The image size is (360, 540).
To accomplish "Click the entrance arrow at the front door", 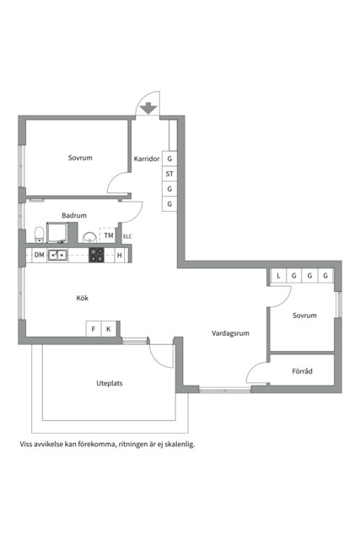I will pos(148,108).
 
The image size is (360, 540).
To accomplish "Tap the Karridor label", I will pos(146,159).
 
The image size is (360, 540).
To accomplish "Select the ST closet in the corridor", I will pos(169,174).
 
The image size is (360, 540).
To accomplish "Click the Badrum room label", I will pos(74,216).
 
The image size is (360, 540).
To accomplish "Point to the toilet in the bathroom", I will pos(40,233).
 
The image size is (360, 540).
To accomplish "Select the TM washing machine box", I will pos(109,235).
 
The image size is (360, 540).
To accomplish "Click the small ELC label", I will pos(127,236).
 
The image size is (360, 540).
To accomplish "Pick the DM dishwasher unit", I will pos(39,255).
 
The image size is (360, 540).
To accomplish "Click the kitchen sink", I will pos(58,255).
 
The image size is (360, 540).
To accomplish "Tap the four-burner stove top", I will pos(97,255).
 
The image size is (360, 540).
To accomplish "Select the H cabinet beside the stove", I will pos(119,255).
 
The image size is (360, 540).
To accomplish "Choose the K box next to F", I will pos(108,329).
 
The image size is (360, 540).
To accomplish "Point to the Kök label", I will pos(83,298).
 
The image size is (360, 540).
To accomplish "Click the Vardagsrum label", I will pos(230,333).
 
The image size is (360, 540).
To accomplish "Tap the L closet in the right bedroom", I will pos(277,276).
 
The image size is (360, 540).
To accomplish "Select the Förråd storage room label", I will pos(302,370).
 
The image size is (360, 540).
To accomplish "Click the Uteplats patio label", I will pos(110,383).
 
